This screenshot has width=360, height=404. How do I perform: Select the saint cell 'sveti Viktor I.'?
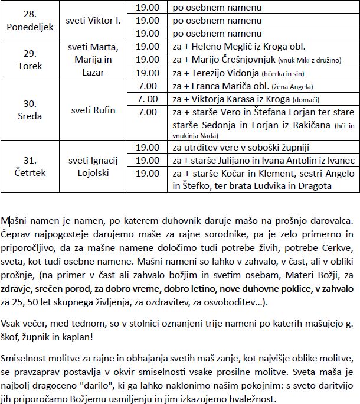coord(96,21)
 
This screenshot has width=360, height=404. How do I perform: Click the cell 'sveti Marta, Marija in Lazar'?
coord(96,60)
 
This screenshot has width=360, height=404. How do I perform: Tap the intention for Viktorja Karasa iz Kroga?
coord(230,99)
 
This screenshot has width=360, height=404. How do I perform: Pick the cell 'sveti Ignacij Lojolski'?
coord(96,166)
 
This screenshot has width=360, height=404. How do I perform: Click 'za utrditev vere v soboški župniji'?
coord(238,147)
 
